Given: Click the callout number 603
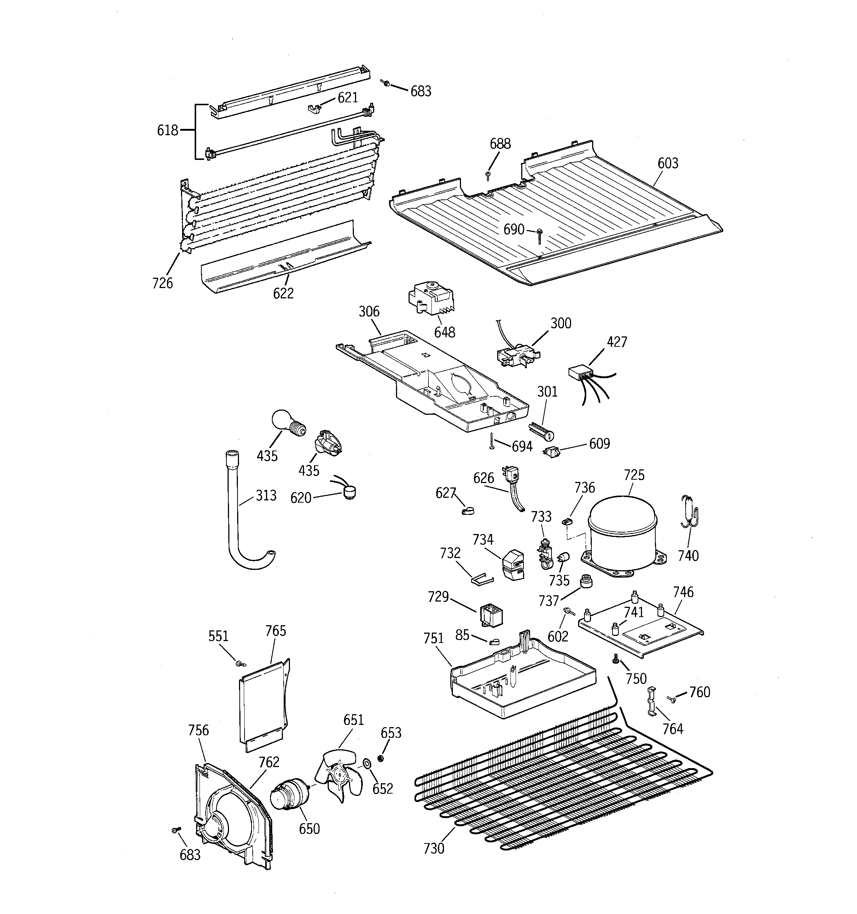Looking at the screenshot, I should click(x=667, y=163).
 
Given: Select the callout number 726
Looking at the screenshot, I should click(x=163, y=283).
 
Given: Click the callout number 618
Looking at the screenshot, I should click(x=167, y=131).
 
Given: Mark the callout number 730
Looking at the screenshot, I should click(x=433, y=848).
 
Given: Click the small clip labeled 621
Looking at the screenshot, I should click(x=314, y=109).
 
